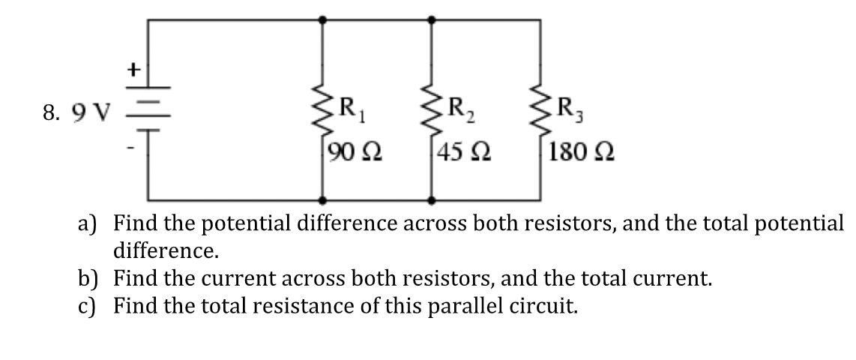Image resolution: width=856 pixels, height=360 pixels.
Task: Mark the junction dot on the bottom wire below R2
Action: click(432, 201)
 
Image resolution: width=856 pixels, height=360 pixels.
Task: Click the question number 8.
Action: click(50, 114)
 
